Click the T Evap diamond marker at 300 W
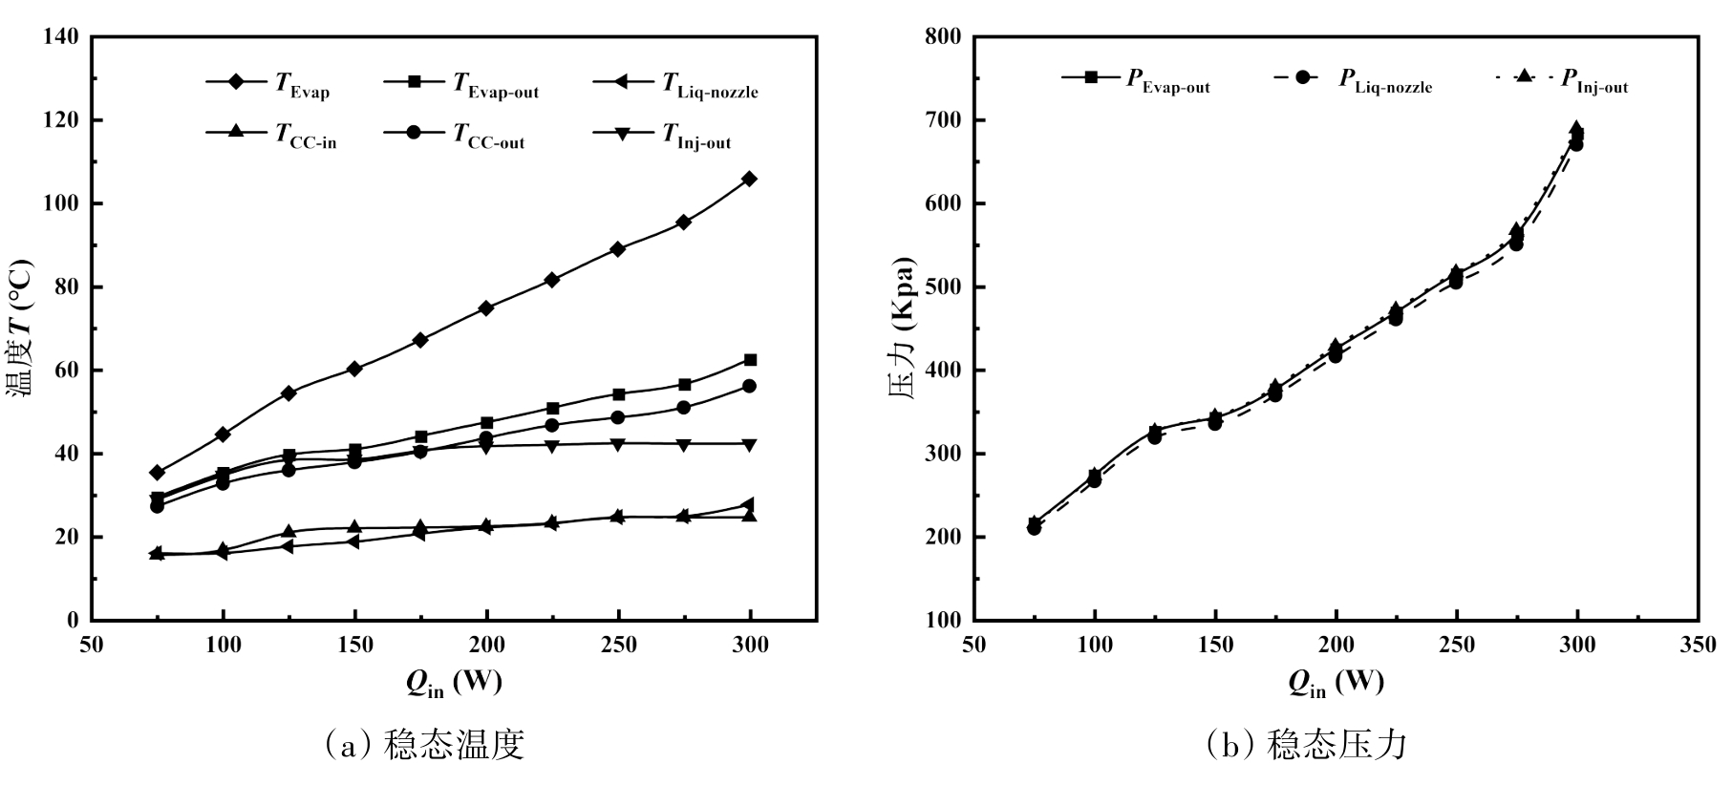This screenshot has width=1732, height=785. point(750,179)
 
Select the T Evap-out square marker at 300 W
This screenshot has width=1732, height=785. point(750,360)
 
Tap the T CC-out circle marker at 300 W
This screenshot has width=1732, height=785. point(750,386)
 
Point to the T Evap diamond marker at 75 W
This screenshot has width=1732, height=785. point(158,473)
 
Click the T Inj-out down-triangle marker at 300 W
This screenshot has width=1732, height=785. point(750,444)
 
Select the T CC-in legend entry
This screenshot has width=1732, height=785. point(272,135)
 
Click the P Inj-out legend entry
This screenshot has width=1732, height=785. point(1563,81)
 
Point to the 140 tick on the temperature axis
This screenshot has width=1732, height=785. point(60,37)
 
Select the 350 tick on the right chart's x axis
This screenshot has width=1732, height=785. point(1698,645)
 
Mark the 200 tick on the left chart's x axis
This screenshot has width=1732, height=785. point(486,645)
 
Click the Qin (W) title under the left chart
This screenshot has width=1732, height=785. point(454,682)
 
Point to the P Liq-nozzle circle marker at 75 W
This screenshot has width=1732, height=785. point(1034,528)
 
